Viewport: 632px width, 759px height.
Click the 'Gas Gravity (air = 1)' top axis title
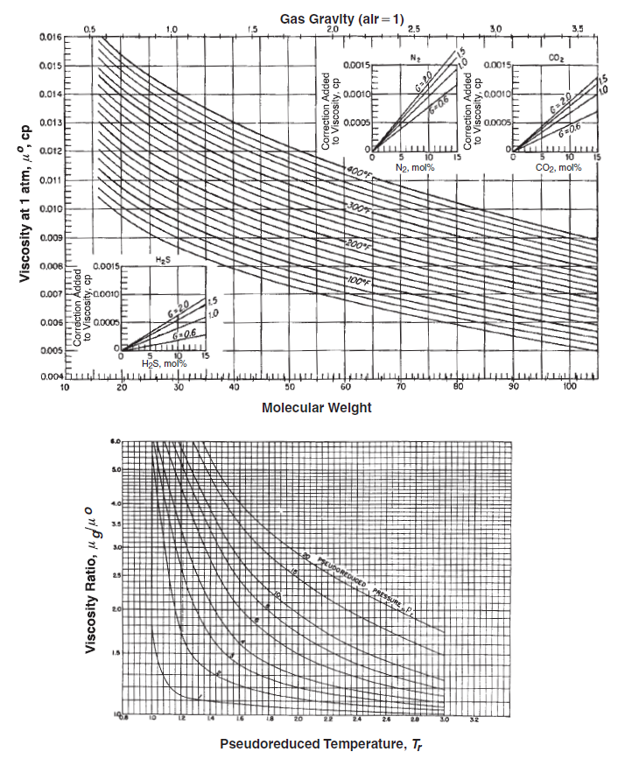pos(342,18)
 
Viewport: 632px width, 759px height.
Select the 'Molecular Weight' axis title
pos(316,408)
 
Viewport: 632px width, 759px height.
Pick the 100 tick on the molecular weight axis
pos(570,387)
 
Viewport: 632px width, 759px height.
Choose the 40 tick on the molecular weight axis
pos(234,387)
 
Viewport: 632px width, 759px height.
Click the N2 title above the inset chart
pos(416,59)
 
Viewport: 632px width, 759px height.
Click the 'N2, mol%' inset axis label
pos(414,167)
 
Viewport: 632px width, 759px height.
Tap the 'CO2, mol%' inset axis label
pos(557,167)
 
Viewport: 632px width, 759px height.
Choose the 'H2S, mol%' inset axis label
pos(165,364)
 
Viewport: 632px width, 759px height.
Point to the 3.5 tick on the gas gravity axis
pos(577,30)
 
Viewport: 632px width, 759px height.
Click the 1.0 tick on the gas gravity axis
pos(172,30)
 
